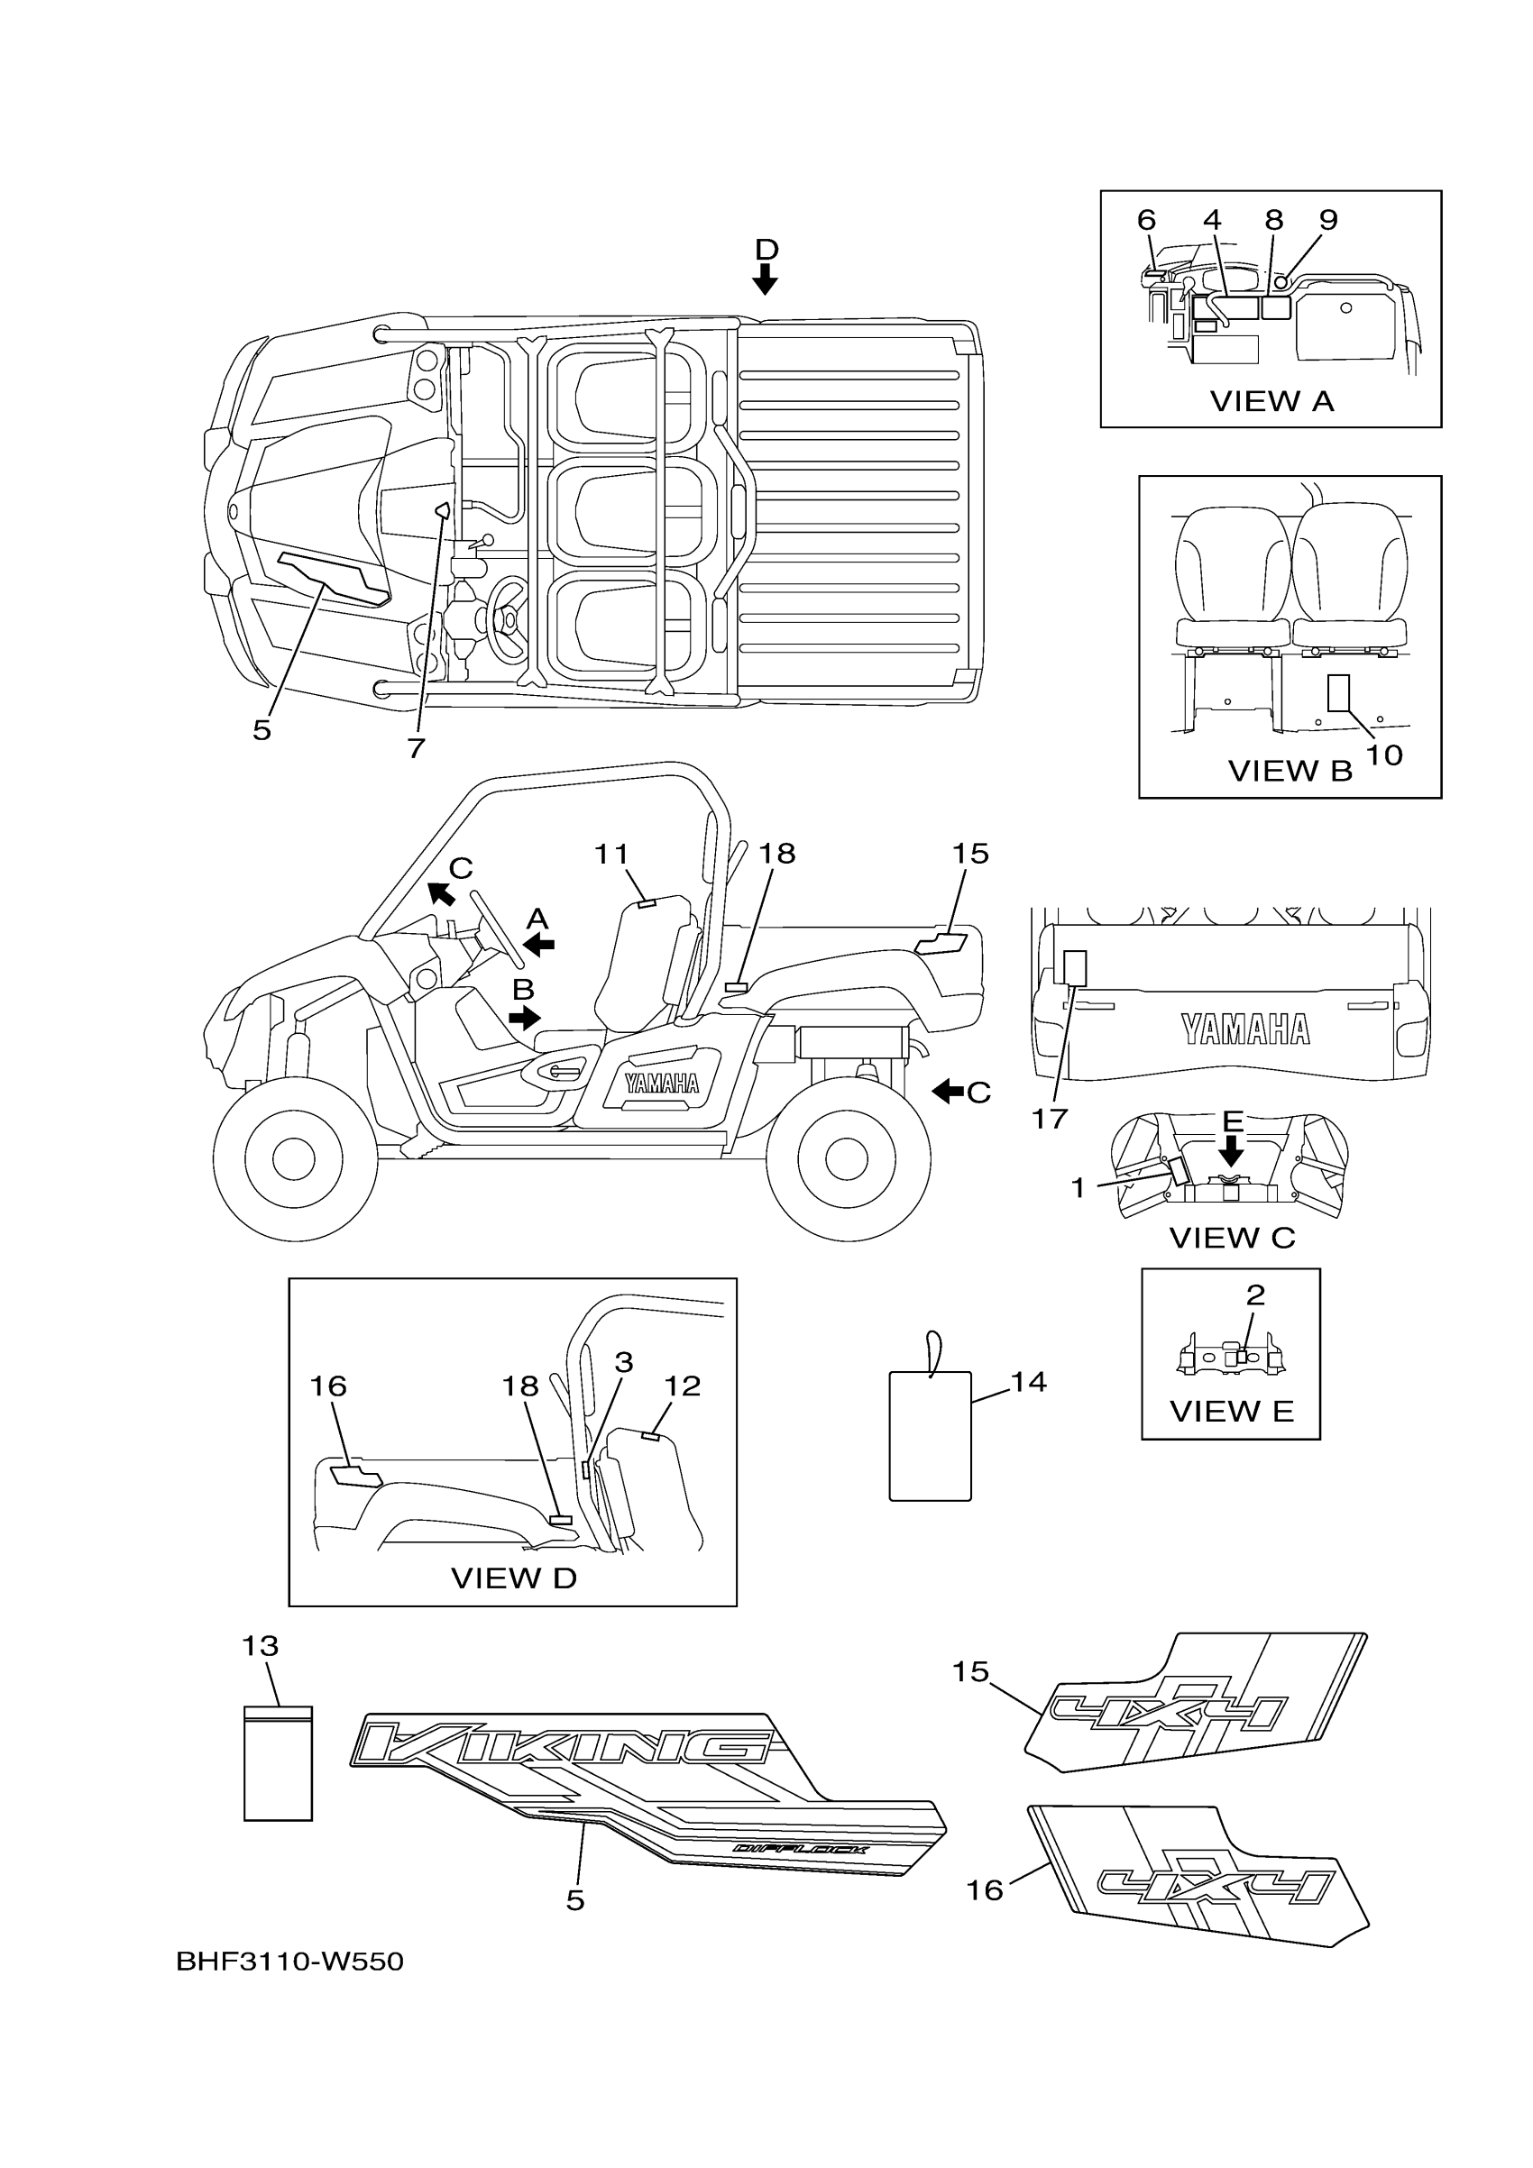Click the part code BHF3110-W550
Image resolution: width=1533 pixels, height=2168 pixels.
[289, 1962]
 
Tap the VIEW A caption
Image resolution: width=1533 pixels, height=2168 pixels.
[1271, 401]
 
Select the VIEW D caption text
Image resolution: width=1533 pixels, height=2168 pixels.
[513, 1578]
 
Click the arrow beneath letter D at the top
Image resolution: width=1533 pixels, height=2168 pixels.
[765, 279]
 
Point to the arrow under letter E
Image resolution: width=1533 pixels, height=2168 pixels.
[1231, 1150]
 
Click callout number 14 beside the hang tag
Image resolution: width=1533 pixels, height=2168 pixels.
[1029, 1383]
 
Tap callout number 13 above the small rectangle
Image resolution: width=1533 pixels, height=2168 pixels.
[260, 1646]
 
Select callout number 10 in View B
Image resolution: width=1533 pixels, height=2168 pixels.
[1384, 755]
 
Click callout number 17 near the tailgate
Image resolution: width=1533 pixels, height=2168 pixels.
[1050, 1119]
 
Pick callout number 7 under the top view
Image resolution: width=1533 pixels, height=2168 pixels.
[416, 748]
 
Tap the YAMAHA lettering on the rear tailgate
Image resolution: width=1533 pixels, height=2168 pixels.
[1246, 1030]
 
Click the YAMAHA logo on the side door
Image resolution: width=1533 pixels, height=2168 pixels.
[661, 1083]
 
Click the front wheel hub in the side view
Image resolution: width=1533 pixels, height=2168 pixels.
[293, 1158]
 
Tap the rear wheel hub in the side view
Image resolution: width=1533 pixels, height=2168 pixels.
[847, 1158]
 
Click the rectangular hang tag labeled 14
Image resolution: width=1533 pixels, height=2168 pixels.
[931, 1435]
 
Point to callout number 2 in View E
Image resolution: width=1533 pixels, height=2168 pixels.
[1254, 1295]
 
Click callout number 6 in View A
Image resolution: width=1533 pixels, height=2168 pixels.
[1146, 220]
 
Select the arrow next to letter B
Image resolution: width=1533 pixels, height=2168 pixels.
[524, 1018]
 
